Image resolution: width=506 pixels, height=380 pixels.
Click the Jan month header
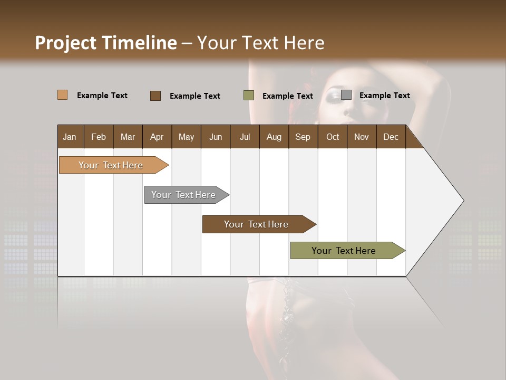click(x=70, y=137)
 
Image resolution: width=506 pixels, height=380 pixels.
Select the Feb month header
click(x=99, y=137)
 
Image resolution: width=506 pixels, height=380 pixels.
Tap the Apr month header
click(x=157, y=137)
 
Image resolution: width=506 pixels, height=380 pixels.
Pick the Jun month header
click(x=216, y=137)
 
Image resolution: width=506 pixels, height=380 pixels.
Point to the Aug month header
click(x=274, y=137)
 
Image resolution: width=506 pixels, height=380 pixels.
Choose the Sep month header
click(x=303, y=137)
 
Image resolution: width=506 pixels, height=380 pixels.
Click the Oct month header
click(x=333, y=137)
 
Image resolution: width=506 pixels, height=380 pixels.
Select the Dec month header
click(x=391, y=137)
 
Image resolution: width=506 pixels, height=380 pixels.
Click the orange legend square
click(x=63, y=95)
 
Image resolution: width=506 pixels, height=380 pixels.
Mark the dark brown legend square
click(x=155, y=96)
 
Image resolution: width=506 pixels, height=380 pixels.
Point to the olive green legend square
click(x=249, y=96)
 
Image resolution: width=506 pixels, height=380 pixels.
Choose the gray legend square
click(x=346, y=95)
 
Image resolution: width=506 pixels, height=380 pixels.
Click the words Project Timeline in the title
click(x=106, y=43)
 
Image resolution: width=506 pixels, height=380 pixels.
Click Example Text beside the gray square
click(x=384, y=96)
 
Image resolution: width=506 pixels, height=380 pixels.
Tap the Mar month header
click(x=128, y=137)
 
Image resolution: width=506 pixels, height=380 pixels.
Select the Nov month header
click(x=361, y=137)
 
